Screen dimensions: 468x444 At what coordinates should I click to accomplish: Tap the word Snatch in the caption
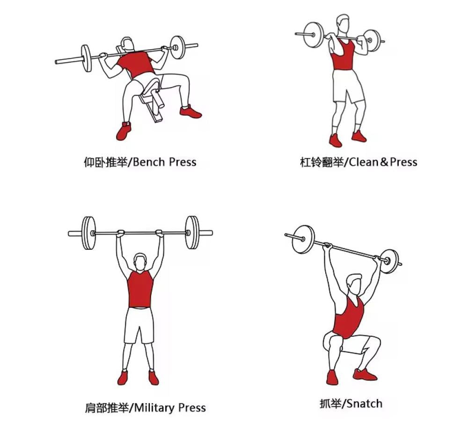(x=365, y=404)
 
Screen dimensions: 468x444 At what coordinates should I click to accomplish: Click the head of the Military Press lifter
(x=140, y=262)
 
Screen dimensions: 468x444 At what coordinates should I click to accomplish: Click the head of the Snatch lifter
(x=354, y=283)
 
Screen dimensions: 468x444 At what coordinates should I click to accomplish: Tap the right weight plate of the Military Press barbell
(x=191, y=233)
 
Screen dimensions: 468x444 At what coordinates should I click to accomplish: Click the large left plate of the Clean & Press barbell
(x=314, y=35)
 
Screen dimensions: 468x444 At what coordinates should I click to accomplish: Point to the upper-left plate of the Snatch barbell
(x=303, y=239)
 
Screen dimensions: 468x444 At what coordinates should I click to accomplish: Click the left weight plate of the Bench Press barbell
(x=86, y=58)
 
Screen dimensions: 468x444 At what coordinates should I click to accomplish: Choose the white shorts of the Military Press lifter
(x=139, y=325)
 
